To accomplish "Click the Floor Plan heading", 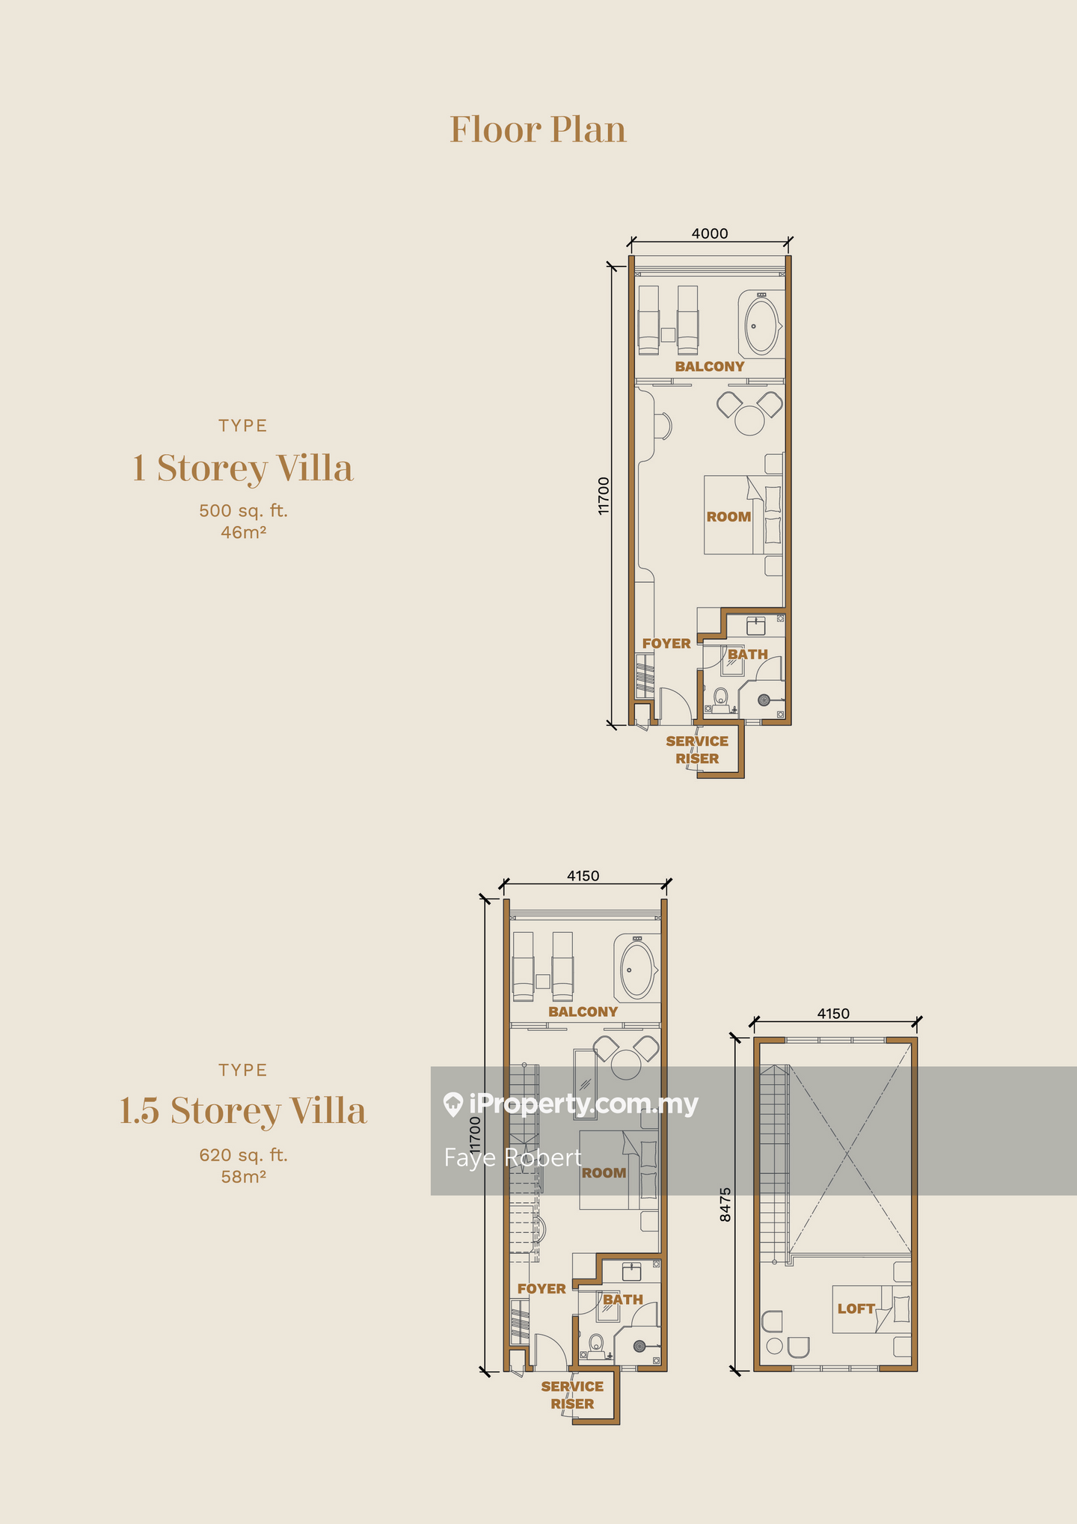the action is tap(538, 129).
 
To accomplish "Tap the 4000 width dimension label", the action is tap(709, 233).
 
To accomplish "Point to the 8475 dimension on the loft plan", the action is tap(725, 1205).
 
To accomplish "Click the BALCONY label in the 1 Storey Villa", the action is tap(709, 367).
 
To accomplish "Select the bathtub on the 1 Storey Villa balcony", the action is tap(761, 326).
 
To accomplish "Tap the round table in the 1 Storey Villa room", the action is tap(749, 420).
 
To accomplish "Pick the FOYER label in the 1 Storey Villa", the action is tap(666, 643).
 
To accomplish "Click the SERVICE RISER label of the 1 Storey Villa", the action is tap(697, 750).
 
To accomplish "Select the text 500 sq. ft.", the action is tap(243, 511).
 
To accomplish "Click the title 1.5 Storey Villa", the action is tap(243, 1110).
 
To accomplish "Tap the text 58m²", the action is tap(243, 1176).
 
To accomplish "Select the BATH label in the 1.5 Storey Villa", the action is tap(623, 1300).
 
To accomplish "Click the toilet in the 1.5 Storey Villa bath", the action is tap(596, 1344).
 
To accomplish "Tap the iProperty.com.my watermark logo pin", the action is tap(452, 1105).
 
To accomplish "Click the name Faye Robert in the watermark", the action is tap(513, 1157).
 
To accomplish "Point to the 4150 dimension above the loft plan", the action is tap(833, 1014).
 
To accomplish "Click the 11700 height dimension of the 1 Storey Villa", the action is tap(604, 495).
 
